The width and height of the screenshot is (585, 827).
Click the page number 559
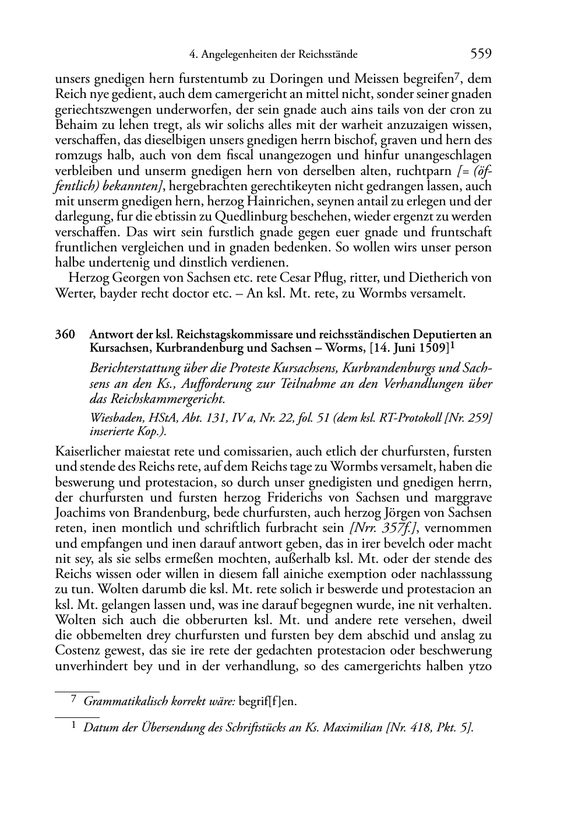click(x=481, y=54)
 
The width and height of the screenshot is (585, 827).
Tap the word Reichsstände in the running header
click(x=327, y=55)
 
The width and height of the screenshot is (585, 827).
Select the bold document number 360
click(x=65, y=334)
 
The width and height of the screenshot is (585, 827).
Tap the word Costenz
click(x=76, y=650)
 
